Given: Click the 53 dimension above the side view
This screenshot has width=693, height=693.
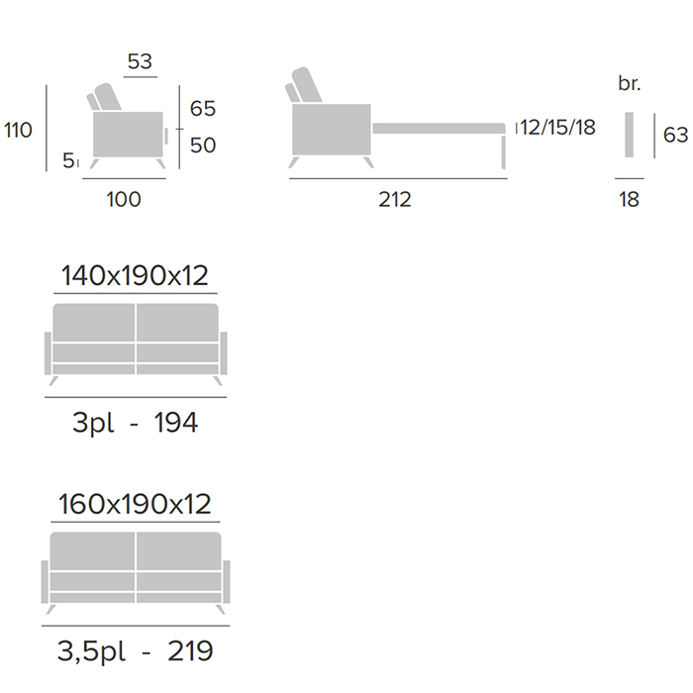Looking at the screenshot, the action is tap(140, 61).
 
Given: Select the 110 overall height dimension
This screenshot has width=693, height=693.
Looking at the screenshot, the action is tap(18, 130).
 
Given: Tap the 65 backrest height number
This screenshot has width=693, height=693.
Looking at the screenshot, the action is tap(203, 109).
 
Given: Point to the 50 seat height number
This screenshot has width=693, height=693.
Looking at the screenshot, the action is tap(203, 146).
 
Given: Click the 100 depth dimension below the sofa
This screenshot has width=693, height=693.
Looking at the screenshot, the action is tap(124, 199).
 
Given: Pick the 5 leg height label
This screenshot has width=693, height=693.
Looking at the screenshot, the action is tap(68, 160).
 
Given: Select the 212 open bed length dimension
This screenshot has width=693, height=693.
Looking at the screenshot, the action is tap(395, 199).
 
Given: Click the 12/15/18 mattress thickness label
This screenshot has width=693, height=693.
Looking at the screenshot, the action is tap(557, 128).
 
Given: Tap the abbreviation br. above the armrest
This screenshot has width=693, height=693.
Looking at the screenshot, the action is tap(630, 83).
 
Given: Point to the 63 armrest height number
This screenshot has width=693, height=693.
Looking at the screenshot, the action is tap(676, 135).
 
